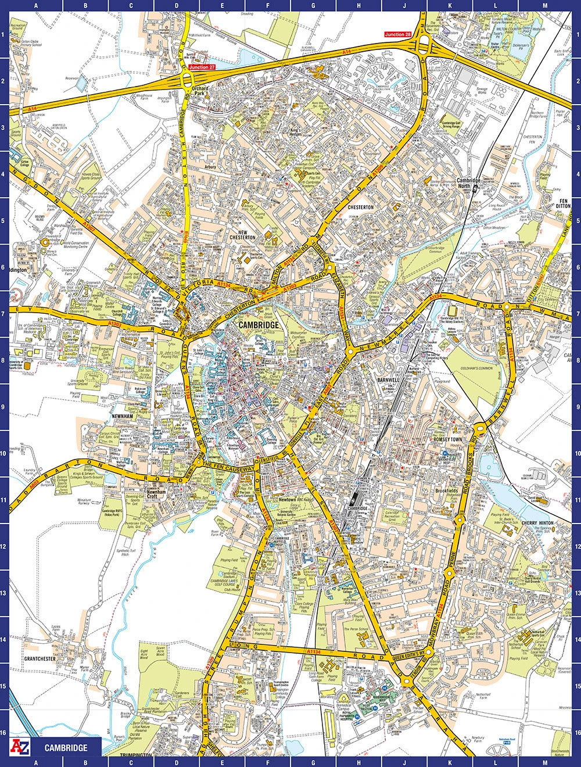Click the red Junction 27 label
point(202,67)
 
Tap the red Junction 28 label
point(398,35)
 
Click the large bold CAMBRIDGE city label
point(259,325)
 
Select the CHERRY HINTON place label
point(538,523)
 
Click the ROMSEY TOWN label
point(448,440)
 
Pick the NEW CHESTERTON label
point(242,234)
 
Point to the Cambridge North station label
point(468,184)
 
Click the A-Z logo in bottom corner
point(20,747)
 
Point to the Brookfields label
point(447,491)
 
